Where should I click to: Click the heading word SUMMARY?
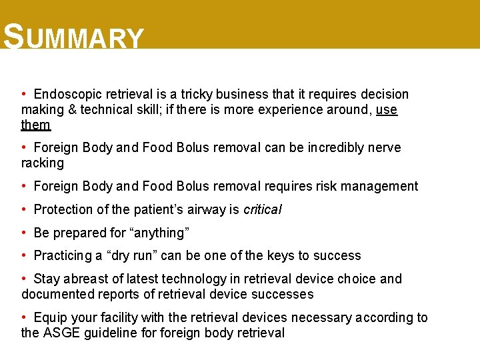[x=73, y=37]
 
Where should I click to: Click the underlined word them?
[x=35, y=125]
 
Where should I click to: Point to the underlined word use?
[x=387, y=110]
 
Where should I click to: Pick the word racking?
[x=43, y=163]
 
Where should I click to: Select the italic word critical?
[x=263, y=210]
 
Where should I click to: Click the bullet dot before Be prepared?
[x=23, y=233]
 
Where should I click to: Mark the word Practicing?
[x=65, y=256]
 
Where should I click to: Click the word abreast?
[x=84, y=279]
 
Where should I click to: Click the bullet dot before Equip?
[x=23, y=317]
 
